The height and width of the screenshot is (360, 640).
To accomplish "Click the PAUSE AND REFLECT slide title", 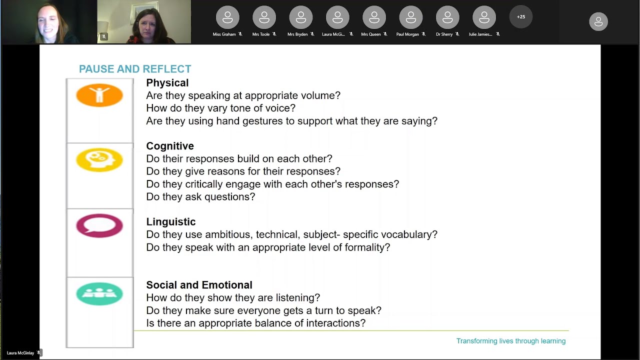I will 135,69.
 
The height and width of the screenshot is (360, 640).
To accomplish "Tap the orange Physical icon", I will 99,95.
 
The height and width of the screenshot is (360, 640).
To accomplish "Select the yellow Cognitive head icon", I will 99,160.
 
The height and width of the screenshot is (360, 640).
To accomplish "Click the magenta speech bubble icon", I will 99,225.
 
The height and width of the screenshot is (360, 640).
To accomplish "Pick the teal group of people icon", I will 99,293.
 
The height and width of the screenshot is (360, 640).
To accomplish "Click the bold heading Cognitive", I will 170,146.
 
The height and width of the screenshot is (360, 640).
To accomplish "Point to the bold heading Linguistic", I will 171,221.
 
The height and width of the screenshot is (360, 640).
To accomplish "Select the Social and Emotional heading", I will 199,285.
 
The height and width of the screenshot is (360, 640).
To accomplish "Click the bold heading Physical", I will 167,83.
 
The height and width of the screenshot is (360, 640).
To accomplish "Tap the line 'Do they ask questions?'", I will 200,197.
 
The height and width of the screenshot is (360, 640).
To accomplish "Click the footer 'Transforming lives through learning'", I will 510,341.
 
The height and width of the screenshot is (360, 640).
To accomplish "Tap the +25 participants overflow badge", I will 521,17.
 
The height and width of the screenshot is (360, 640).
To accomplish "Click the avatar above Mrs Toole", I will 264,18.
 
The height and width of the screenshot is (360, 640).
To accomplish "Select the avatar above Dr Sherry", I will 447,18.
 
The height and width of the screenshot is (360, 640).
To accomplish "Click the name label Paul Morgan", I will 407,34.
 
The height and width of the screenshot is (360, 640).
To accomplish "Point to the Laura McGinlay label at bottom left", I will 20,353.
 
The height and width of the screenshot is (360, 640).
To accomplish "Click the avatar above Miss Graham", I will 227,18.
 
